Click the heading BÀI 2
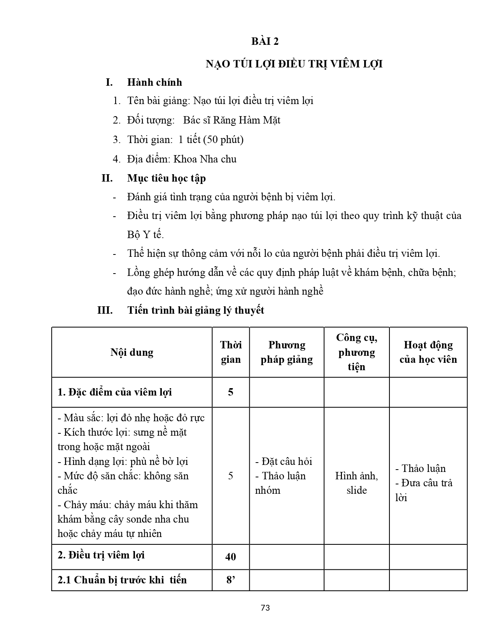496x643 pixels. tap(265, 41)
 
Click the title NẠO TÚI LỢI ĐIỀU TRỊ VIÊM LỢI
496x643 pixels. tap(294, 64)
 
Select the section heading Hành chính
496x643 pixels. tap(154, 82)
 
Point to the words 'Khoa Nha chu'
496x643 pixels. tap(205, 159)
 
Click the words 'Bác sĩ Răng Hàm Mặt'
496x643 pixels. tap(231, 120)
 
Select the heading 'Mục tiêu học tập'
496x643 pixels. tap(167, 178)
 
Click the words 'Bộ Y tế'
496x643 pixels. tap(145, 235)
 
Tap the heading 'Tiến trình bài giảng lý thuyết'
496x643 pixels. tap(196, 310)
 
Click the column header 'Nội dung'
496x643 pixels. tap(132, 352)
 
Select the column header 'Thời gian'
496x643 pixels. tap(231, 352)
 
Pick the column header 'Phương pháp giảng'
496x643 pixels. tap(287, 352)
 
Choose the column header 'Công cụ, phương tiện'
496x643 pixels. tap(356, 352)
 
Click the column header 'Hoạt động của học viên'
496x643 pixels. tap(428, 352)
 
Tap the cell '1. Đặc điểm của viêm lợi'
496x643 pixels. tap(115, 392)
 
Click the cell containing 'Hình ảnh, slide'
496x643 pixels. tap(356, 483)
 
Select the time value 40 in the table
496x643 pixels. tap(231, 557)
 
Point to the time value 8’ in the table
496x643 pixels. tap(231, 580)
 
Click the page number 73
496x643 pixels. tap(265, 608)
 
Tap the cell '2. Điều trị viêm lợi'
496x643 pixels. tap(101, 555)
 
